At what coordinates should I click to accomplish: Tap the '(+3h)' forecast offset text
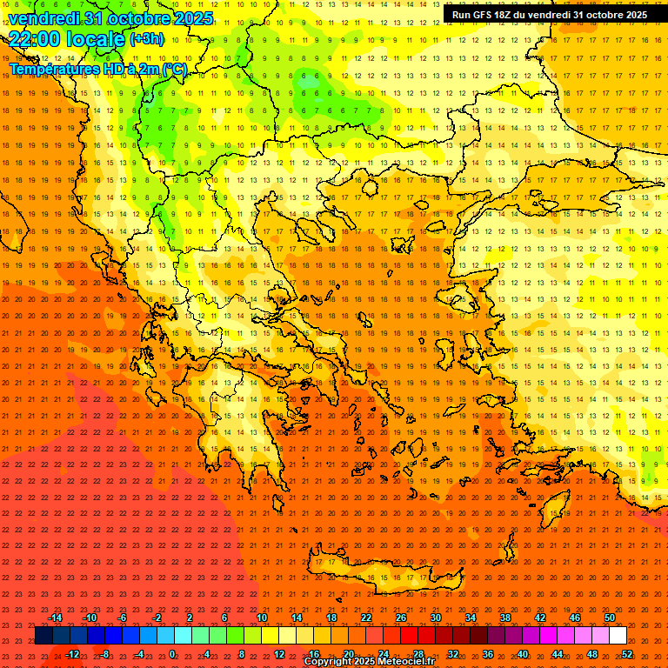click(x=146, y=39)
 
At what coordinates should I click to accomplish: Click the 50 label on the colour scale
click(x=609, y=618)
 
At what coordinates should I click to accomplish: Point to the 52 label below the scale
click(x=627, y=654)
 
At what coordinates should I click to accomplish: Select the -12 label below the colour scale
click(x=72, y=654)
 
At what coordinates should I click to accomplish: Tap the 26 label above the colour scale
click(x=400, y=618)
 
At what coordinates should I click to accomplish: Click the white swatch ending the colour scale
click(x=618, y=636)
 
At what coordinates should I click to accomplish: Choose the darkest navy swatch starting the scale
click(x=43, y=636)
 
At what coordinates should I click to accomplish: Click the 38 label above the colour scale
click(x=504, y=618)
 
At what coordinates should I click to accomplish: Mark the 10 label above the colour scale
click(x=261, y=618)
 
